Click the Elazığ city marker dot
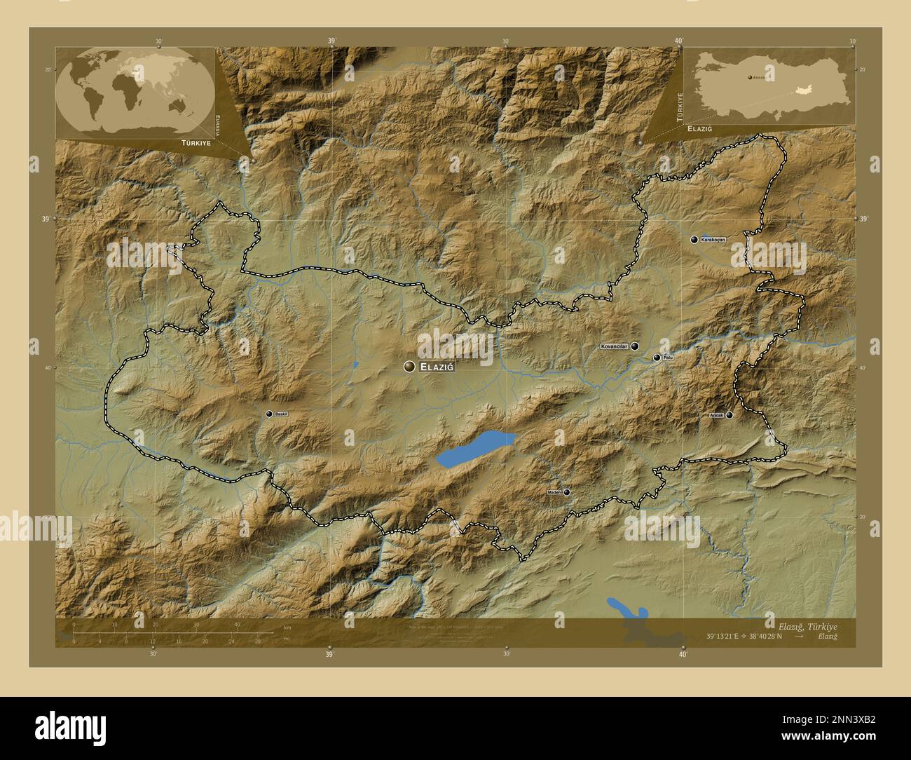pos(409,367)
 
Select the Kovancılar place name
pos(614,346)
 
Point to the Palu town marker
pos(657,358)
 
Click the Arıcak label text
pos(716,416)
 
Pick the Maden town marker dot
pos(566,492)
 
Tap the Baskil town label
pos(282,414)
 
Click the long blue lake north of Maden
pos(475,449)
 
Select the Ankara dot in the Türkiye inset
pos(748,77)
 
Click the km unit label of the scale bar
pos(287,627)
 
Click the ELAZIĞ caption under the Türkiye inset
pos(704,130)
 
